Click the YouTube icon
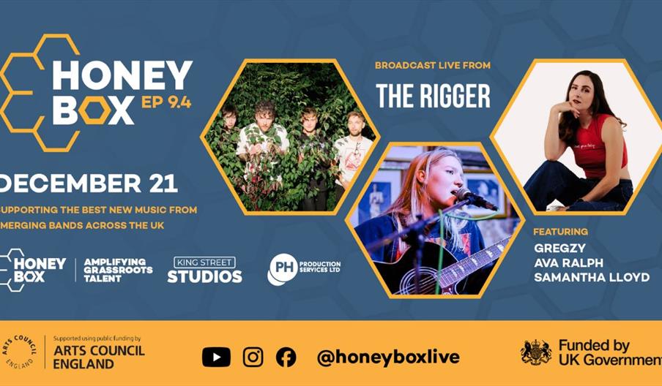216,357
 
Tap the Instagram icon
253,357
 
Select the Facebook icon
286,357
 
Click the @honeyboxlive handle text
388,357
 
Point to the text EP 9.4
166,102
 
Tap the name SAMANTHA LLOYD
592,277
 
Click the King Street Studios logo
204,270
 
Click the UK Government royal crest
535,352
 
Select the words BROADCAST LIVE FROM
432,66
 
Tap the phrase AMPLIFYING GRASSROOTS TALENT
118,269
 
